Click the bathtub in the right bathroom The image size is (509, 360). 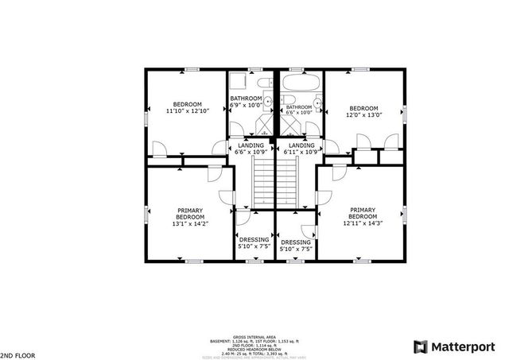[299, 83]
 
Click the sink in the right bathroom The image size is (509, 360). [317, 103]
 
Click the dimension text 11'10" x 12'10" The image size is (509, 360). [188, 111]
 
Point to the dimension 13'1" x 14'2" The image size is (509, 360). [190, 223]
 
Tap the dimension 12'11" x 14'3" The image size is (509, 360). [363, 223]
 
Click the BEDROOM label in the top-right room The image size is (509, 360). [363, 108]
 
